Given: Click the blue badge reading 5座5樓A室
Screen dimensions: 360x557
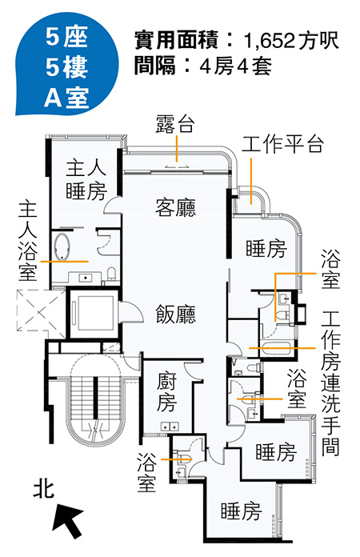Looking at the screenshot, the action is click(66, 66).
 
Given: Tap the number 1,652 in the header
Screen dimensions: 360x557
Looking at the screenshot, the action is click(269, 41).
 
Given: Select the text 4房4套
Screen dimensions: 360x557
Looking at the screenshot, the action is click(236, 66).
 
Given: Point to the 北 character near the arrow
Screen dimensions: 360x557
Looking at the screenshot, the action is click(43, 489).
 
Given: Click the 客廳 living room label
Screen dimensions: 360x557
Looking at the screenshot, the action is click(176, 207).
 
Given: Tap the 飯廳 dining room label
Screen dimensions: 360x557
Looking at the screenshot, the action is click(176, 314).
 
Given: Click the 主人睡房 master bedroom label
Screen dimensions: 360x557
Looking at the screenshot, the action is click(86, 180).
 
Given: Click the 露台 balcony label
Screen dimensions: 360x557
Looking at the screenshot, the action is click(175, 123).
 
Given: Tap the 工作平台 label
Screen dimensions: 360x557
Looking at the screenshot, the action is click(282, 144).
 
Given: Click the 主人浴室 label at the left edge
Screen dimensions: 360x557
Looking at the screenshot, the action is click(28, 241).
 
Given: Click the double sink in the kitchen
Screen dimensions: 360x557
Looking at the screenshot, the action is click(170, 426).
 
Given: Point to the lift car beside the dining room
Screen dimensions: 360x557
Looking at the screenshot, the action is click(94, 313).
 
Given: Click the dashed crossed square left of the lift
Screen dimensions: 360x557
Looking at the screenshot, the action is click(41, 311).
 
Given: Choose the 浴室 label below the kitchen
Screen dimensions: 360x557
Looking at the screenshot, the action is click(146, 472).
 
